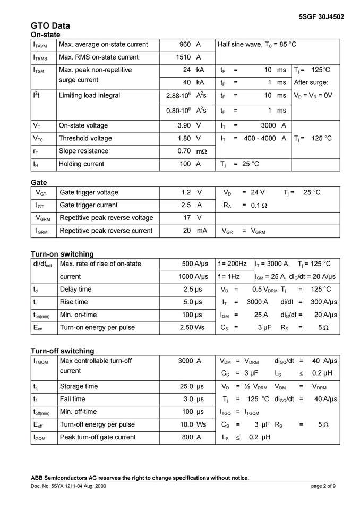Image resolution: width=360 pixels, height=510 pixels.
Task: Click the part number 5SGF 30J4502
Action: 322,16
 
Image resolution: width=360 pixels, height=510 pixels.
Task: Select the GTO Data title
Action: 50,25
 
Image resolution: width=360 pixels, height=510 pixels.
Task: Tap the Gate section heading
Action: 39,182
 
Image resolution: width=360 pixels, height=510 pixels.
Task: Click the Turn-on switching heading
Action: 62,254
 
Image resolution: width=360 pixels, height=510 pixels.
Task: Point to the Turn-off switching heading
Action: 62,351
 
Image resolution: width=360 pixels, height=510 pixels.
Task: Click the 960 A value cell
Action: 189,45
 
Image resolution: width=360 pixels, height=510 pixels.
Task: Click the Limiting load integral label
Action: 89,96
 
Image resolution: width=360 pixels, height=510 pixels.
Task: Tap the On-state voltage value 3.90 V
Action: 189,125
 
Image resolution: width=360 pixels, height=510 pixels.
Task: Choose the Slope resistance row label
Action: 83,151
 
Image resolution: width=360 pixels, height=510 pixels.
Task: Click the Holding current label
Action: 81,164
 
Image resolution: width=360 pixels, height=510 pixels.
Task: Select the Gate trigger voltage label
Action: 89,192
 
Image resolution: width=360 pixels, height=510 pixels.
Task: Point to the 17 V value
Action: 192,218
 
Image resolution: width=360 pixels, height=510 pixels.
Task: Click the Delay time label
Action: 75,289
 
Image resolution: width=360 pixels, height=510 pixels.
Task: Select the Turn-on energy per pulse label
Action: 97,327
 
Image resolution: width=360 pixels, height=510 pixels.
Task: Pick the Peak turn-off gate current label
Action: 98,437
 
